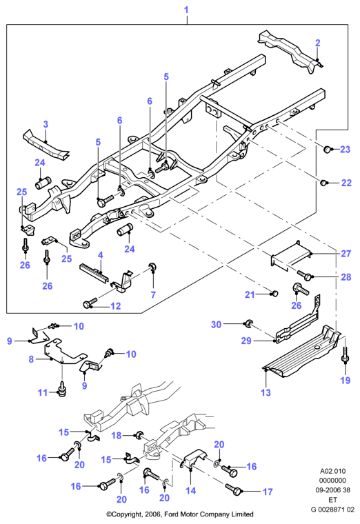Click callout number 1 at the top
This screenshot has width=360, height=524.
point(186,10)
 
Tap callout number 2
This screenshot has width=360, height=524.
point(317,43)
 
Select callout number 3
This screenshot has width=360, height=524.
point(46,124)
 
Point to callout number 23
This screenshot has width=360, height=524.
point(346,150)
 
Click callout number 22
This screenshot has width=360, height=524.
point(346,183)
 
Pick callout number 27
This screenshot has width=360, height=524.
point(346,254)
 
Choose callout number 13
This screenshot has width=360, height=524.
point(266,392)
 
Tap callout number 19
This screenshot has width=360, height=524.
point(346,381)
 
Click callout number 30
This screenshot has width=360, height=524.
point(217,325)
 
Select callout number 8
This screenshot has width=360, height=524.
point(31,359)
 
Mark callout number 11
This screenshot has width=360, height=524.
point(43,392)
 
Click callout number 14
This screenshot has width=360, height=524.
point(190,491)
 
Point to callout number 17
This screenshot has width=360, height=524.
point(268,492)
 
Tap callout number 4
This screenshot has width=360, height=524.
point(100,255)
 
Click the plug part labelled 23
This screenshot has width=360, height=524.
point(327,149)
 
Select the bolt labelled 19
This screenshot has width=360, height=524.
point(346,355)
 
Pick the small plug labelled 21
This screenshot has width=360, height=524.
point(274,294)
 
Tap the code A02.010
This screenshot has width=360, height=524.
point(333,471)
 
